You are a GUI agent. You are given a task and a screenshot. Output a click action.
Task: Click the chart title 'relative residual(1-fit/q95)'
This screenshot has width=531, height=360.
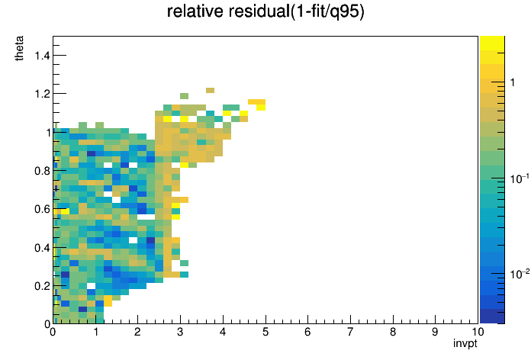[x=265, y=11]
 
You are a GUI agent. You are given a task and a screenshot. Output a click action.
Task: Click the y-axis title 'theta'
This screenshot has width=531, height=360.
[x=19, y=48]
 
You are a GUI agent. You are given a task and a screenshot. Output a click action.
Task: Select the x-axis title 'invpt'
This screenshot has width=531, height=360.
[x=465, y=343]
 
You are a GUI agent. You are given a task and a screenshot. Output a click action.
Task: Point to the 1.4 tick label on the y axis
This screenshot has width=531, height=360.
[x=42, y=55]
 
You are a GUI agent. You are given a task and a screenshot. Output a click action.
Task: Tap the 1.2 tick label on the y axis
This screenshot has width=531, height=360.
[x=42, y=94]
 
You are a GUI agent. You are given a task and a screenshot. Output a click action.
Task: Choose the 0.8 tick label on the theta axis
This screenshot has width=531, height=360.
[x=42, y=171]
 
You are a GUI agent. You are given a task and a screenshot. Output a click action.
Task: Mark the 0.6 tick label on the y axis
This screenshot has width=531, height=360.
[x=42, y=209]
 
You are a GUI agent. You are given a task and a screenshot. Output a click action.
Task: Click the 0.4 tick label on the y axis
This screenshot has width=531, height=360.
[x=42, y=248]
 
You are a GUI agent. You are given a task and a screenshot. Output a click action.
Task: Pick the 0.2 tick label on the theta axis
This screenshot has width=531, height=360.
[x=42, y=286]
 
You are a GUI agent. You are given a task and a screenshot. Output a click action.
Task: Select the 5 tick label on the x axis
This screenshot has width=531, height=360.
[x=265, y=332]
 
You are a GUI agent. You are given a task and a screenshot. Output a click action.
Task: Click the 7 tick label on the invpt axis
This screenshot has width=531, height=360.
[x=350, y=332]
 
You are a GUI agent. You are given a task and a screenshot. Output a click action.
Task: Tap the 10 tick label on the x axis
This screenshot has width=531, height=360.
[x=478, y=332]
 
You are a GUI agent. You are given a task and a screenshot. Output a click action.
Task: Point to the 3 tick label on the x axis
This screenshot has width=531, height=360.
[x=180, y=332]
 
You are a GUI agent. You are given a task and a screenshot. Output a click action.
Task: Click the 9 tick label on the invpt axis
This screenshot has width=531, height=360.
[x=435, y=332]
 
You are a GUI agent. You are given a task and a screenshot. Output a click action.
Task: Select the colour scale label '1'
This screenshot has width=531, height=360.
[x=513, y=82]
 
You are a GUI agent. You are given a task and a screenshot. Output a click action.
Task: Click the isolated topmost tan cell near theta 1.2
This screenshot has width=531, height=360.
[x=210, y=90]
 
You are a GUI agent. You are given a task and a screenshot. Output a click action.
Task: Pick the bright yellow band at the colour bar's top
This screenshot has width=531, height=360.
[x=492, y=43]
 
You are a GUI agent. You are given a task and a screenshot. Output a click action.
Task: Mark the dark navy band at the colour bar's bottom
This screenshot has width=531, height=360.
[x=492, y=317]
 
